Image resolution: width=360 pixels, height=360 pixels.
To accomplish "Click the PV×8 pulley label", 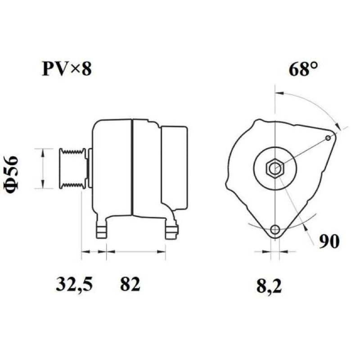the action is click(x=67, y=69).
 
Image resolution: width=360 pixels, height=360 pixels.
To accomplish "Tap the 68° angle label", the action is click(x=303, y=69).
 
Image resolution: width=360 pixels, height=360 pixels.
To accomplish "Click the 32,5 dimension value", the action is click(x=74, y=284).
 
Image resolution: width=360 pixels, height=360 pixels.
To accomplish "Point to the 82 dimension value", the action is click(x=130, y=284).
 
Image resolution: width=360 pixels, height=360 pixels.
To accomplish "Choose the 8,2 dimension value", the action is click(x=269, y=286).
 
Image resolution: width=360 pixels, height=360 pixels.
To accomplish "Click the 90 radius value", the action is click(x=329, y=241).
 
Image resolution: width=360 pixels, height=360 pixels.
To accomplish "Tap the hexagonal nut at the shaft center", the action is click(x=275, y=169).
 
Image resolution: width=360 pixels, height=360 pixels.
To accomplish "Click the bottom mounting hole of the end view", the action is click(x=275, y=229).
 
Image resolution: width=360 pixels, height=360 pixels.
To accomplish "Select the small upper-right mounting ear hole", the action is click(x=328, y=138).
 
